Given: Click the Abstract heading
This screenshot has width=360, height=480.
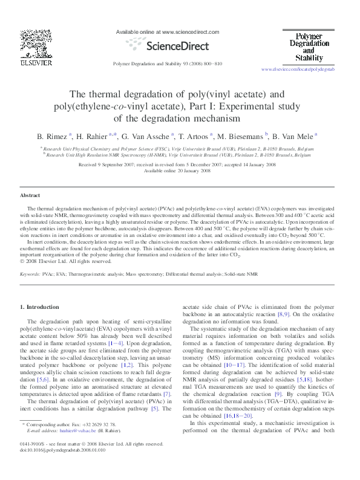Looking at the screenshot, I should point(30,196).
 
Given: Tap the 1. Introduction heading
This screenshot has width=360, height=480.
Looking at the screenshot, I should point(40,307).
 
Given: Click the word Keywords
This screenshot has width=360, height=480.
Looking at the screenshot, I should point(30,274).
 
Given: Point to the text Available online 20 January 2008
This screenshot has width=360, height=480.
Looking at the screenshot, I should point(180,170).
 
